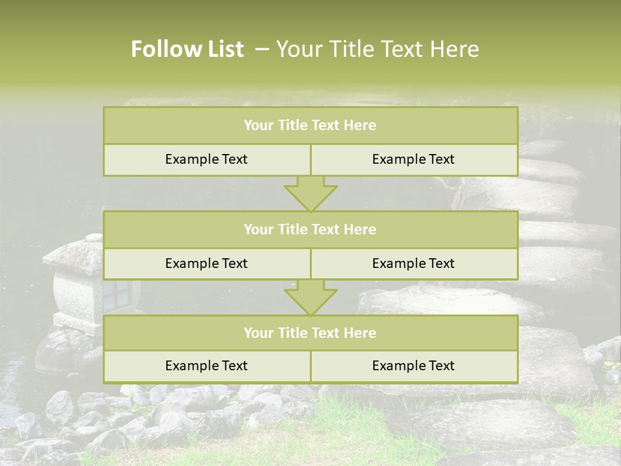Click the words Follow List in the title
[187, 49]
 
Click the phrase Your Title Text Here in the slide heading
[377, 49]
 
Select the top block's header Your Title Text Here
[310, 126]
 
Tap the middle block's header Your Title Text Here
[310, 229]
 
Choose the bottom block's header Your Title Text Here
[310, 333]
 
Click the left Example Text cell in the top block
[206, 159]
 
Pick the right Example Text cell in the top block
[413, 159]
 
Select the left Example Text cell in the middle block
[206, 263]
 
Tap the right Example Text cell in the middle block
[413, 263]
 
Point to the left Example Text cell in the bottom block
[206, 366]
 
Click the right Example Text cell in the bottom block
[413, 366]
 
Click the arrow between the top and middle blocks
[310, 194]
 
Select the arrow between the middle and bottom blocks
[310, 298]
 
